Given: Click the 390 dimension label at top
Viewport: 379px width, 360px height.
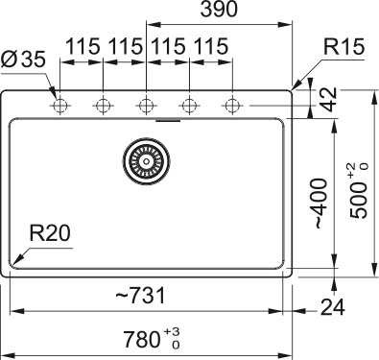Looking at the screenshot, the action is (219, 9).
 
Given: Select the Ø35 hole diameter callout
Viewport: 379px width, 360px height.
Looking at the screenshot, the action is (23, 60).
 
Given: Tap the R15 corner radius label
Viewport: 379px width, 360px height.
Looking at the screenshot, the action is (343, 46).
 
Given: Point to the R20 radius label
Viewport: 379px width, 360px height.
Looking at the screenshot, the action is (50, 233).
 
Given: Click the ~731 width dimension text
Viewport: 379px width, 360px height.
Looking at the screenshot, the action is (141, 295).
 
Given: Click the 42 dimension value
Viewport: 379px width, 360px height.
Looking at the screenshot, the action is (329, 99).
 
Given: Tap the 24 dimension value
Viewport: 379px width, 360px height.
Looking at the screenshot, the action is (333, 307).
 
